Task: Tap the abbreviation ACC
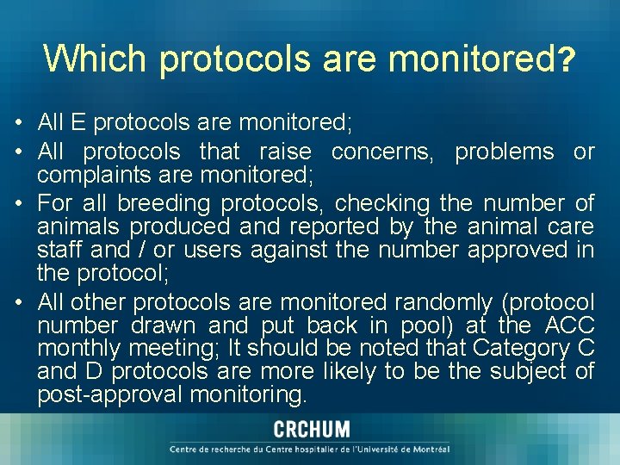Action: pos(569,325)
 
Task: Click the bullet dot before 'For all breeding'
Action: pos(19,204)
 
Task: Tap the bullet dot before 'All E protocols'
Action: pos(19,124)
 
